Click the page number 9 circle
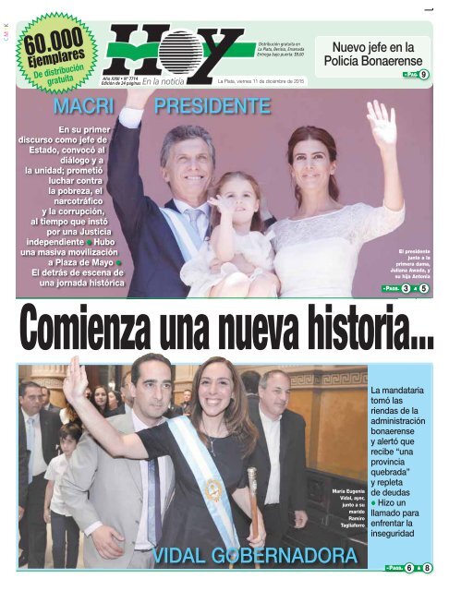422,74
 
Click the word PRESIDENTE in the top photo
212,107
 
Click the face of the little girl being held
226,194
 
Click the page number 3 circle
407,289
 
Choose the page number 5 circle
424,289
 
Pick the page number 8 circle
427,567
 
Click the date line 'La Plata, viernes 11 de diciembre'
260,81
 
